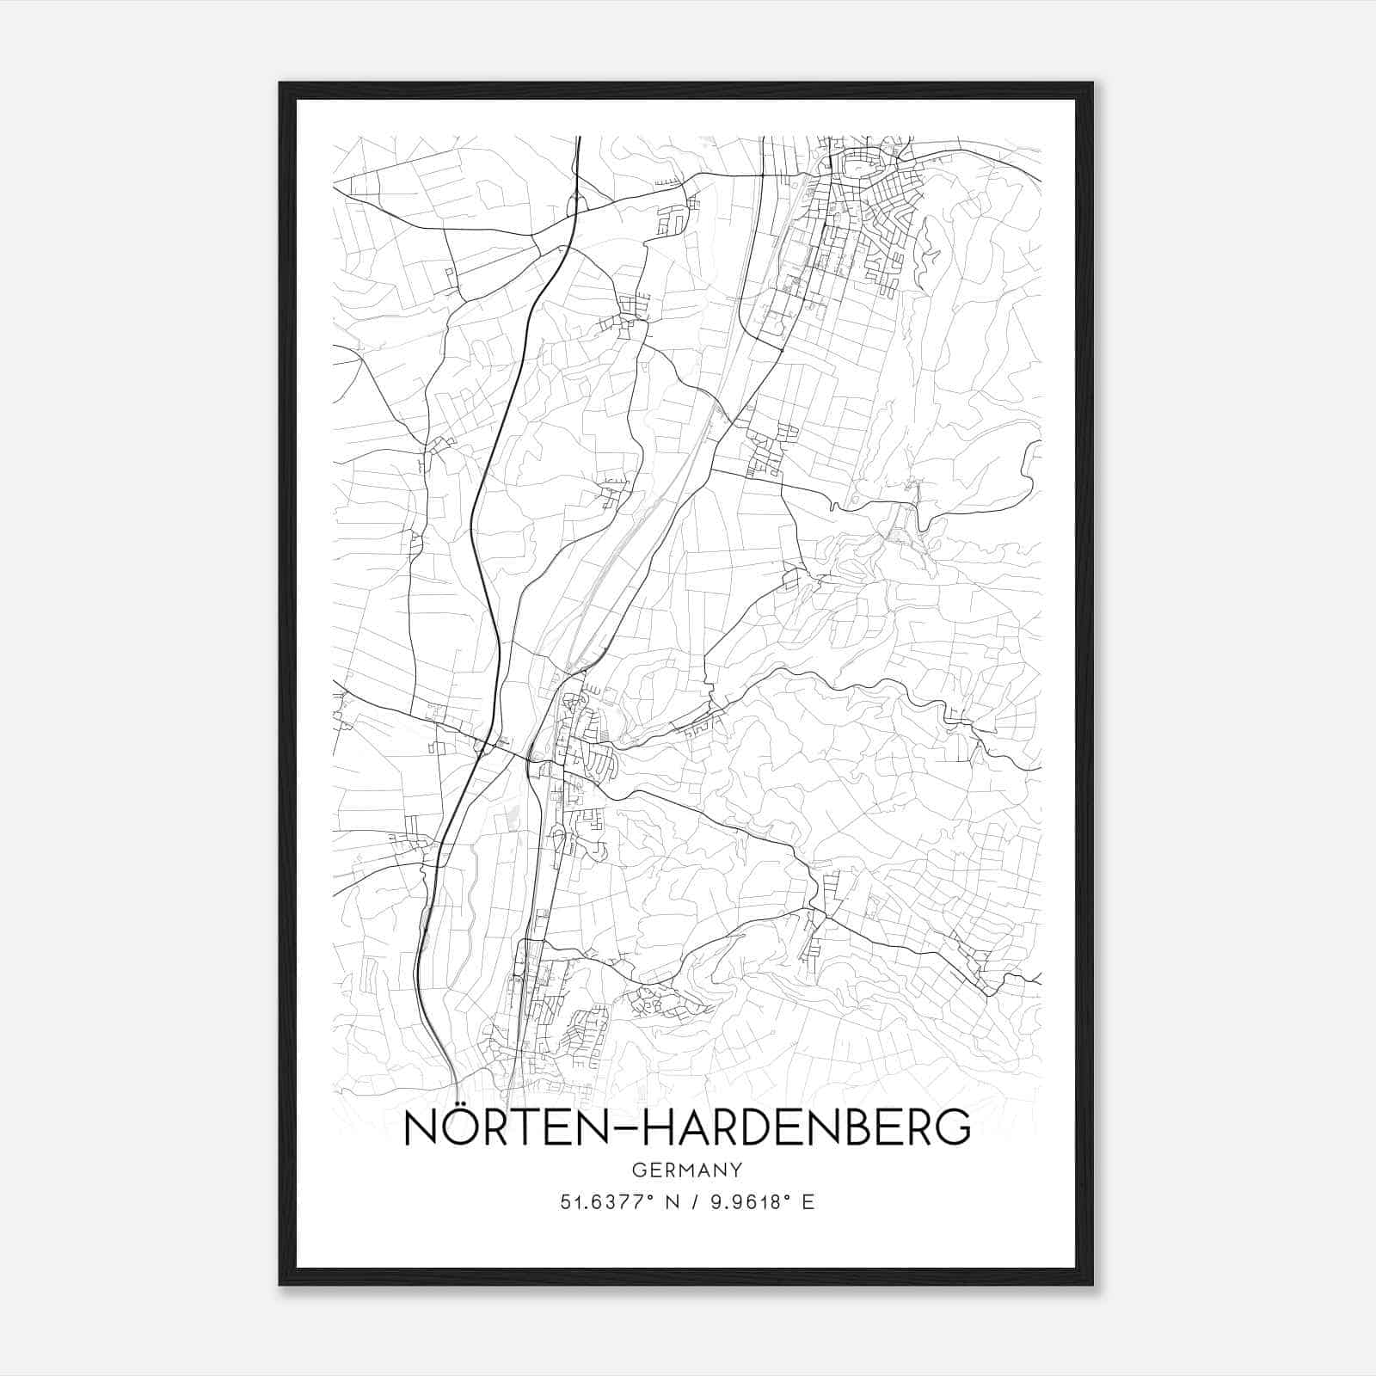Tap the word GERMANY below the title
686,1170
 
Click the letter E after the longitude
808,1202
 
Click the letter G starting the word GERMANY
637,1170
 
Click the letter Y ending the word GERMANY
737,1170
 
